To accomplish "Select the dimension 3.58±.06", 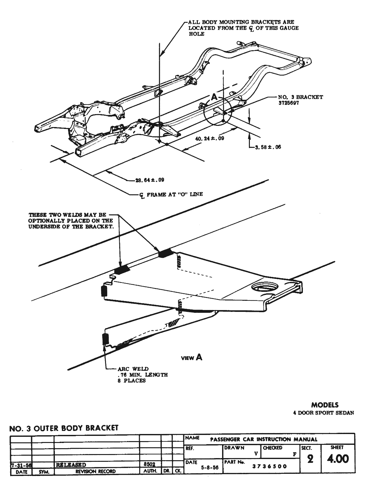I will (268, 147).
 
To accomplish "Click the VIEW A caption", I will (192, 358).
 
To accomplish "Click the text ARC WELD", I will (133, 369).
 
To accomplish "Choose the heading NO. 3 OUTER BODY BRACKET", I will (64, 428).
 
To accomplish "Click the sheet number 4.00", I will (338, 459).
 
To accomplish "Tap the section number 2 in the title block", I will (310, 459).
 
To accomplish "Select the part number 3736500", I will (270, 466).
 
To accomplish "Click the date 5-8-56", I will (209, 467).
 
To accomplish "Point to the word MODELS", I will (325, 405).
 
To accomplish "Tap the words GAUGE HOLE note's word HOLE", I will (197, 34).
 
